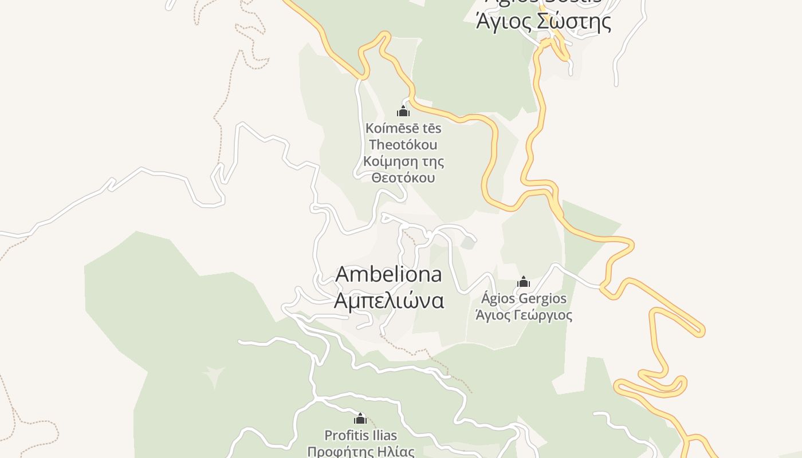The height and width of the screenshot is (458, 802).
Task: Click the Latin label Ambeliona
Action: click(x=388, y=274)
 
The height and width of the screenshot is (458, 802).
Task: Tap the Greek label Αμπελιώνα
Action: click(x=388, y=300)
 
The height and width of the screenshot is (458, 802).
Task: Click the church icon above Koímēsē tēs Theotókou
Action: click(x=403, y=110)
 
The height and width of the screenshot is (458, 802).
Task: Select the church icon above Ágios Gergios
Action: click(x=524, y=282)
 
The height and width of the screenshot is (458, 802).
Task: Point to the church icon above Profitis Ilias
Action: click(x=360, y=418)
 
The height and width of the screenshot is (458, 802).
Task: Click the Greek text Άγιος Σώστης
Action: click(x=543, y=22)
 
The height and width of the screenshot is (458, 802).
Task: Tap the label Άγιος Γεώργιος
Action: click(x=524, y=315)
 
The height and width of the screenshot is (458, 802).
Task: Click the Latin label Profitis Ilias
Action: click(x=360, y=436)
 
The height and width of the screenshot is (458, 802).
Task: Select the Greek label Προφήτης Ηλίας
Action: click(x=360, y=452)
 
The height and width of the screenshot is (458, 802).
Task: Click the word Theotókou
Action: click(x=403, y=145)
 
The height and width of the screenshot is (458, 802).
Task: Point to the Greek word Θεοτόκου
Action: click(x=403, y=177)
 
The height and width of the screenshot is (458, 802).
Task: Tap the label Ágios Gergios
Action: click(x=524, y=298)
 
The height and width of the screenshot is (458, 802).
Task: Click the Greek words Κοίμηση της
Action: click(x=403, y=161)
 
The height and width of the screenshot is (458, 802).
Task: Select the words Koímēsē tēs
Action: click(x=403, y=128)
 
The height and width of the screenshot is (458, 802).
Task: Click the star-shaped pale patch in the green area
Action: click(x=214, y=376)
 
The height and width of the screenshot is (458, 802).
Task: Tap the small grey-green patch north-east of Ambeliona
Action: click(x=467, y=243)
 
